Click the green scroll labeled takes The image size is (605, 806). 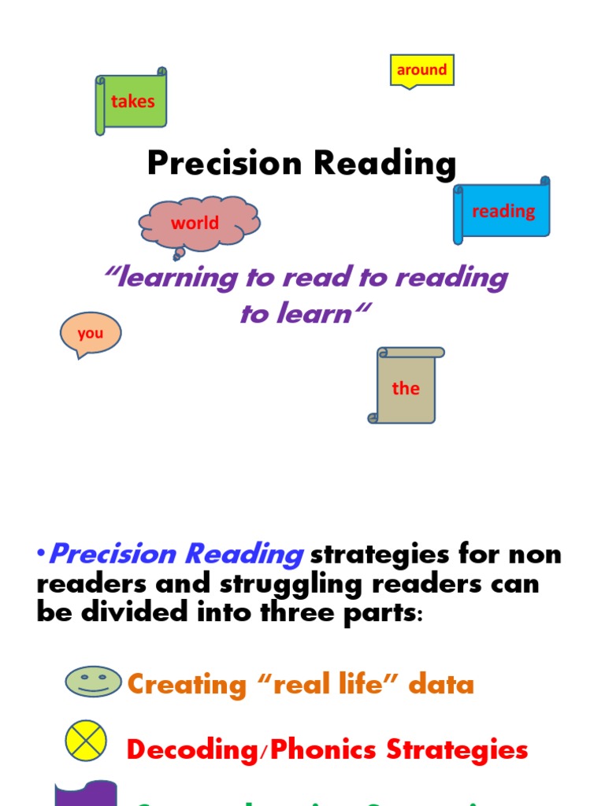tap(132, 101)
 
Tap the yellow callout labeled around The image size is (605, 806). tap(422, 70)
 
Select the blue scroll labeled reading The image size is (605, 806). tap(503, 211)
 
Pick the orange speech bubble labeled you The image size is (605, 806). tap(91, 333)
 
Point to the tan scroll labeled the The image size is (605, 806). tap(406, 388)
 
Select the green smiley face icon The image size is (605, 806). tap(94, 682)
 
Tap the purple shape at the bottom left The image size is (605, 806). tap(85, 793)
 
